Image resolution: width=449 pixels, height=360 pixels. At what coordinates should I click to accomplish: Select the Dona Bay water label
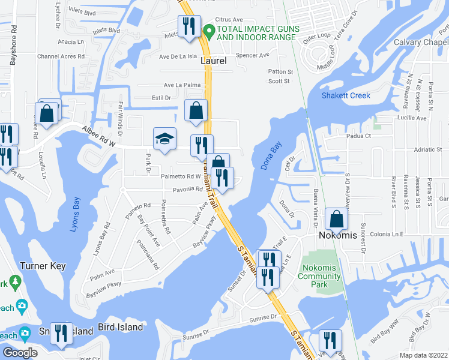tap(272, 156)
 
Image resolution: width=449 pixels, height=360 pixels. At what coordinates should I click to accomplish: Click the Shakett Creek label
tap(346, 95)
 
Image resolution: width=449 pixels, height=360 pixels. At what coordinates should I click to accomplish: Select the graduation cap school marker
tap(164, 139)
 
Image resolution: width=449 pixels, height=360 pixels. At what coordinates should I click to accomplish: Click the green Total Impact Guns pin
tap(209, 29)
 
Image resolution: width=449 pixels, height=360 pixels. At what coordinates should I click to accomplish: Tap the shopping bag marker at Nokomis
tap(337, 219)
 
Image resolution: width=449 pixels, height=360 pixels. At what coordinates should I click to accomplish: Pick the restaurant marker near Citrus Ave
tap(189, 26)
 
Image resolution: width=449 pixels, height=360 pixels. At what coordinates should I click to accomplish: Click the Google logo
tap(20, 353)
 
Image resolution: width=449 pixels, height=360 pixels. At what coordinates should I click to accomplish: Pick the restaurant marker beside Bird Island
tap(61, 334)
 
